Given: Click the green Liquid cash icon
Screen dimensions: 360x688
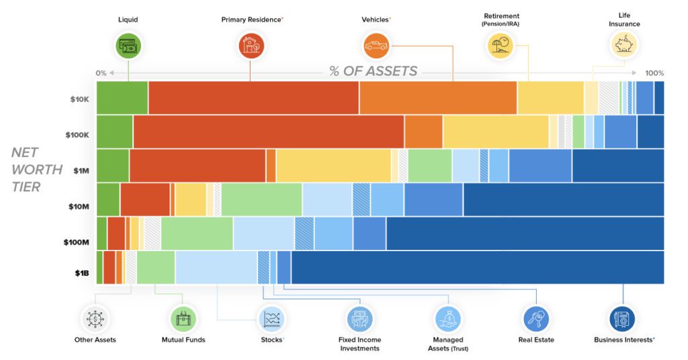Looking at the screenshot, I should coord(128,46).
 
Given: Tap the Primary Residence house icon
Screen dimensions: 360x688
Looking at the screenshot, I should coord(251,46).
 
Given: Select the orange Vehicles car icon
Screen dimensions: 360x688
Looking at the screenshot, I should coord(376,46).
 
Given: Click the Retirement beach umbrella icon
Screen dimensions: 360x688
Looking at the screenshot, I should coord(501,46).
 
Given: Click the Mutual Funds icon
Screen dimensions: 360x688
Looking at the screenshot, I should coord(183,318).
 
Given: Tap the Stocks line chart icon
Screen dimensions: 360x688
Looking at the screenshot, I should coord(272,318).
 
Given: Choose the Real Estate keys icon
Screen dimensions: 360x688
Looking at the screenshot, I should coord(536,318).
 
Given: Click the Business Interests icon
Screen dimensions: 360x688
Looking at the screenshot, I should coord(623,318).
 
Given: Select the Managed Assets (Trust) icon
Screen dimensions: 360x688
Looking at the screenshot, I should coord(447,318).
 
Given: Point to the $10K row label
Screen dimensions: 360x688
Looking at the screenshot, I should coord(79,99).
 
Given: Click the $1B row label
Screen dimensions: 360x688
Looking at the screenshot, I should coord(81,273).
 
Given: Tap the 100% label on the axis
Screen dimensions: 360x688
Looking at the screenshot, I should coord(654,73).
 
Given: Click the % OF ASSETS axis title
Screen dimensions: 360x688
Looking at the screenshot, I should coord(373,71).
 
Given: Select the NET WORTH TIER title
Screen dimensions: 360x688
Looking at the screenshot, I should coord(36,169).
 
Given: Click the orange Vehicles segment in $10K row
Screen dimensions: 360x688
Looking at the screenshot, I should coord(437,98).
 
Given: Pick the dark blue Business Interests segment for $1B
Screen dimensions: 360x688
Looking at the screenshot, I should coord(477,267).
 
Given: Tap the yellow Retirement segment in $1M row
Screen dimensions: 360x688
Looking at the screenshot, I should coord(333,166).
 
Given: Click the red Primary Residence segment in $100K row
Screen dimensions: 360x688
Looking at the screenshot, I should coord(268,132).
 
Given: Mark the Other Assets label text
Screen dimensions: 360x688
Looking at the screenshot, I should coord(95,340).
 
